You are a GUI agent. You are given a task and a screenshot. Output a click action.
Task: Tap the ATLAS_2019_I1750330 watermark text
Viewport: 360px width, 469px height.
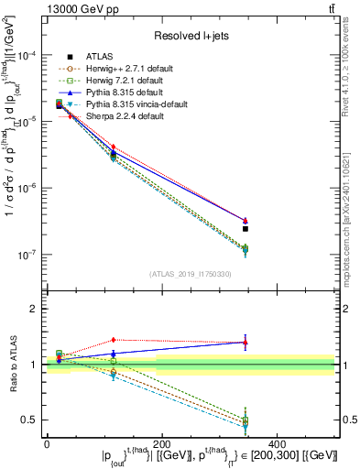191,274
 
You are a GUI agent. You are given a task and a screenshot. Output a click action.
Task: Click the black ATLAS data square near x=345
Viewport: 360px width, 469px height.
245,229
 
